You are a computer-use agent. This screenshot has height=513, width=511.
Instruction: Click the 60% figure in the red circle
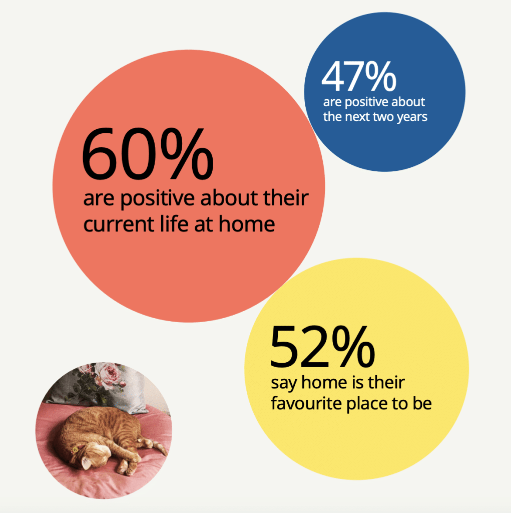tap(148, 154)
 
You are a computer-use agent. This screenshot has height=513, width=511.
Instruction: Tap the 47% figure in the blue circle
tap(359, 76)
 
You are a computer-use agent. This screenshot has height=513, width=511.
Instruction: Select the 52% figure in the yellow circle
tap(322, 347)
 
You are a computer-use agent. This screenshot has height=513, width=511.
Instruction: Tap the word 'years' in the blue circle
tap(412, 117)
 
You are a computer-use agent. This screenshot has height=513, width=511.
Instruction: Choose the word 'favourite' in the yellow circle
tap(306, 403)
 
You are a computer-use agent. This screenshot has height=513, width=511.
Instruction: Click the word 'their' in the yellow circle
tap(386, 382)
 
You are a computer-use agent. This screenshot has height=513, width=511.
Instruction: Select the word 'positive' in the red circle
tap(158, 198)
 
